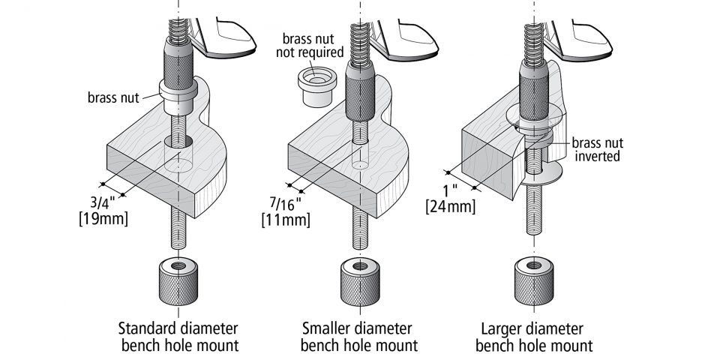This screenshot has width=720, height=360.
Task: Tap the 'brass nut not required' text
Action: (x=313, y=46)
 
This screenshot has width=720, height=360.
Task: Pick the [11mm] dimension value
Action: (x=285, y=220)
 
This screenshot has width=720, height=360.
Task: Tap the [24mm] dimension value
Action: (x=451, y=205)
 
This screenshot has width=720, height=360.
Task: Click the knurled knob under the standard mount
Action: (x=178, y=280)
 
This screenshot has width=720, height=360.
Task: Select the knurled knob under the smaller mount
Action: (x=358, y=280)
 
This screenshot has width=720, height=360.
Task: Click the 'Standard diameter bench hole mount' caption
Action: (x=178, y=337)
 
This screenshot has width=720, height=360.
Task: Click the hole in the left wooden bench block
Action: (x=178, y=142)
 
